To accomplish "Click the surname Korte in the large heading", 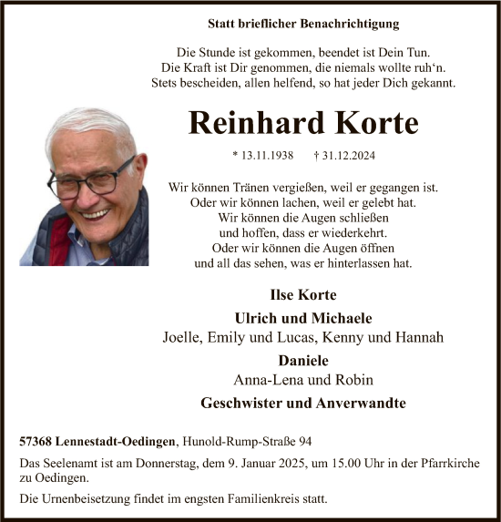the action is (353, 122).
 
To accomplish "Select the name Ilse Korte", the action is (302, 295).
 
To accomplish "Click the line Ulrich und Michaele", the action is (302, 318).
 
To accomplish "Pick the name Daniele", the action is (302, 360).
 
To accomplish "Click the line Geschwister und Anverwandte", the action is (302, 403).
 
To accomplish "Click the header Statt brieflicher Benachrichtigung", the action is (302, 23).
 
